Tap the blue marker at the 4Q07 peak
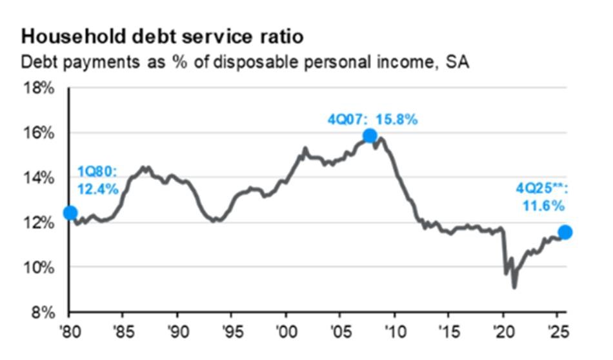pyautogui.click(x=370, y=135)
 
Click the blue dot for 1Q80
pyautogui.click(x=70, y=213)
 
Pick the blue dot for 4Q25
pyautogui.click(x=565, y=232)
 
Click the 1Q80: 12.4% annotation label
pyautogui.click(x=98, y=181)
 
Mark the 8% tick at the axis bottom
pyautogui.click(x=43, y=312)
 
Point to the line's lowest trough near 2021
pyautogui.click(x=514, y=287)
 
